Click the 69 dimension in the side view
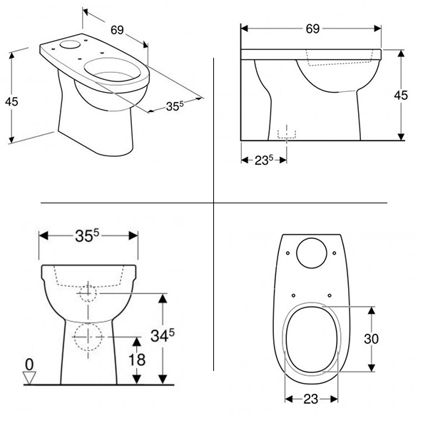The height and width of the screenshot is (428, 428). [312, 29]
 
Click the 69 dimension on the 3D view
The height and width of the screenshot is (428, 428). [117, 30]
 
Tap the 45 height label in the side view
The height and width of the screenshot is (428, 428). [401, 96]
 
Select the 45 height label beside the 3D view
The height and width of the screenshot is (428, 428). [11, 101]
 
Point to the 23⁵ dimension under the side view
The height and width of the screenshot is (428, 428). [264, 160]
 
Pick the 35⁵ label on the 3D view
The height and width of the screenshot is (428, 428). [175, 106]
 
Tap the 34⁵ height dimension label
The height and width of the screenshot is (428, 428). [163, 335]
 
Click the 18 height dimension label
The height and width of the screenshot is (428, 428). [137, 360]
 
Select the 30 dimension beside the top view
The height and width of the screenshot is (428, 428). [371, 339]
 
